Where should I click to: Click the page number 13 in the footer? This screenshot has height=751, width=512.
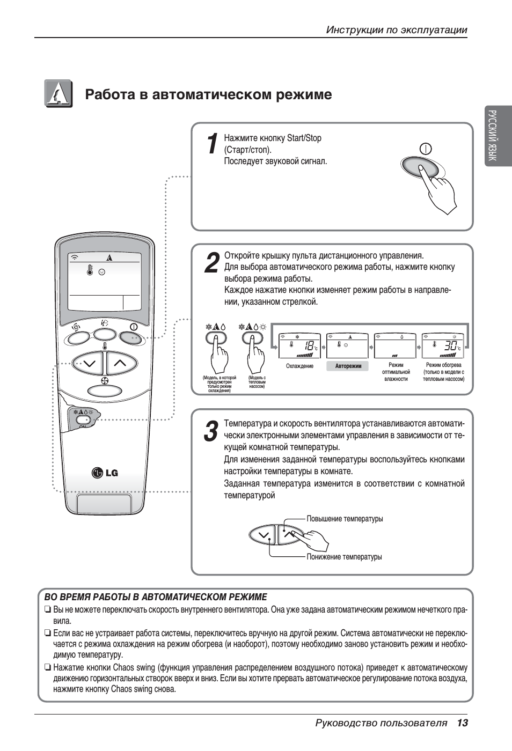tap(463, 723)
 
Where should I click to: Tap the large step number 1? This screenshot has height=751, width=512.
tap(213, 144)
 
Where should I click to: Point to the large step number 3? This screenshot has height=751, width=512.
tap(211, 432)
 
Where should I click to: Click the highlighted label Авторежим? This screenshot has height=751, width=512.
tap(348, 366)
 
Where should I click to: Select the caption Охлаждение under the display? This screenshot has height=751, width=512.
tap(299, 366)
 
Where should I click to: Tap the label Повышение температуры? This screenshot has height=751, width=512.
tap(345, 519)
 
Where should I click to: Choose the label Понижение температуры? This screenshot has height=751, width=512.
tap(344, 557)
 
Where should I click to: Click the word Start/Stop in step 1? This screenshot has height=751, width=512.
tap(304, 138)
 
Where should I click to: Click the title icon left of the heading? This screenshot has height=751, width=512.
tap(58, 94)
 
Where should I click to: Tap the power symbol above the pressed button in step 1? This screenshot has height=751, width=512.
tap(426, 149)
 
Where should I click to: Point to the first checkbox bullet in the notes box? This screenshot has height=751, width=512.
tap(48, 610)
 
